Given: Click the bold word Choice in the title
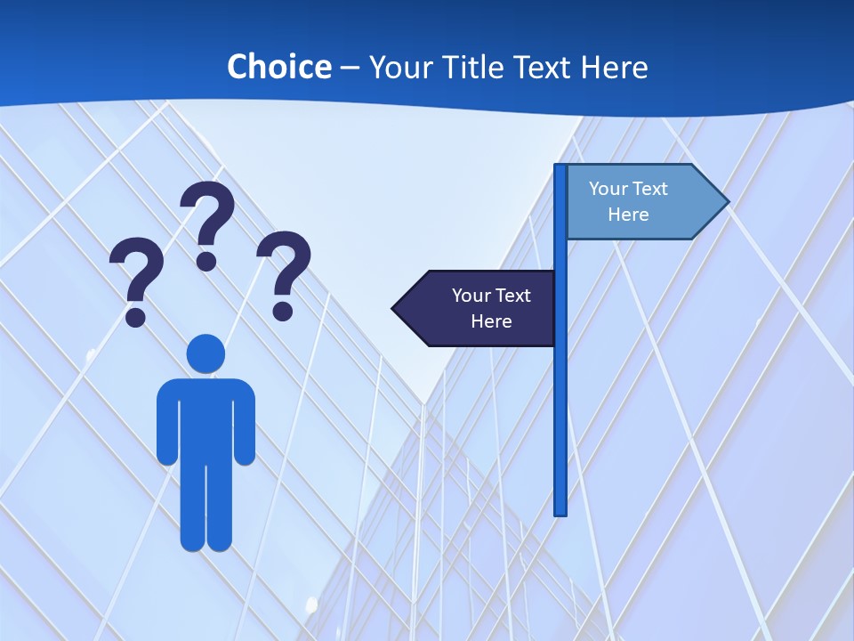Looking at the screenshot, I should coord(278,67).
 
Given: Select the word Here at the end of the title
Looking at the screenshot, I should coord(614,67).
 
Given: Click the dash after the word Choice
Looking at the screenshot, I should coord(350,68).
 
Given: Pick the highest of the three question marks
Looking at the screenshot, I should coord(207,224).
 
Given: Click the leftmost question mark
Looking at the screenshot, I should coord(136,280).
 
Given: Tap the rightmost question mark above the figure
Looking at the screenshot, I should coord(284,273).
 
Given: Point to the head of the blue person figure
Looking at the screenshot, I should coord(205,353).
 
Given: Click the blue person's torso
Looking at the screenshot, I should coord(205,418).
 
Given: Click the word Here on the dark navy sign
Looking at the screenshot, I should coord(491,321).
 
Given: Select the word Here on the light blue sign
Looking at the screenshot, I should coord(628,215).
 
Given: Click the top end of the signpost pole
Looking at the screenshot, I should coord(560,168).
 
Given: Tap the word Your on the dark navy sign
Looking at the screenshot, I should coord(471,296).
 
